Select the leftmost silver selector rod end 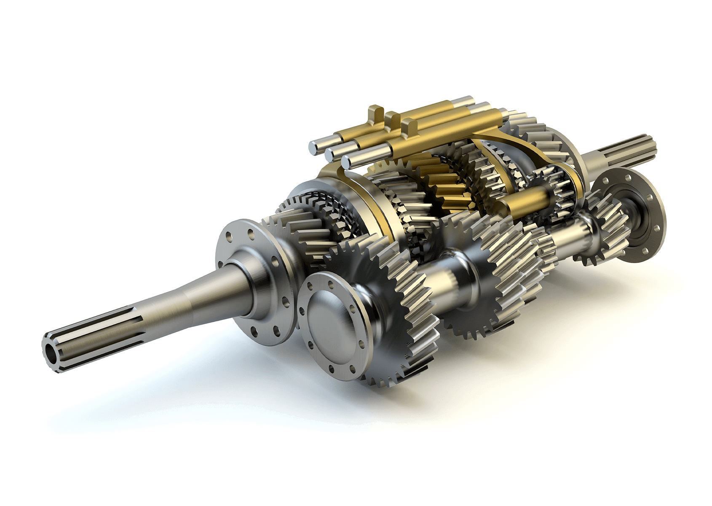click(314, 146)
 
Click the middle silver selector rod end click(331, 154)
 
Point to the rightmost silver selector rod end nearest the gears click(347, 161)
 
